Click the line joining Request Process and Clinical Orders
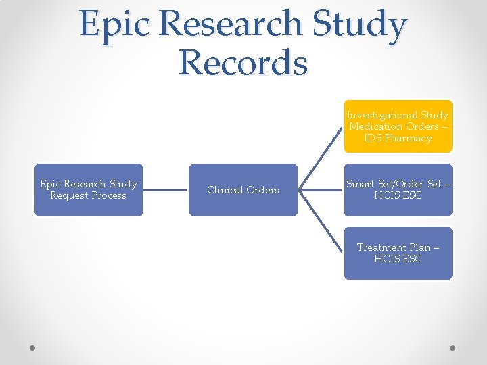tap(166, 190)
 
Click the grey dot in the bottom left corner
tap(32, 348)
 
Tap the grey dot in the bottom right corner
tap(453, 348)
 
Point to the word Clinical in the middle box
tap(224, 190)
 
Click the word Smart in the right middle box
tap(361, 184)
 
